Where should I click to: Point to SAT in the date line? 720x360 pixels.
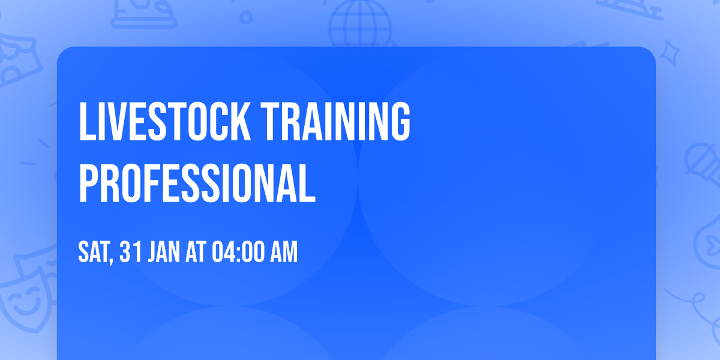(94, 253)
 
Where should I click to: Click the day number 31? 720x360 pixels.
(131, 253)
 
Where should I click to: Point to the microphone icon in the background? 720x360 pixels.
(699, 162)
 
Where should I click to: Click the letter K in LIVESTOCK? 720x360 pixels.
(238, 122)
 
